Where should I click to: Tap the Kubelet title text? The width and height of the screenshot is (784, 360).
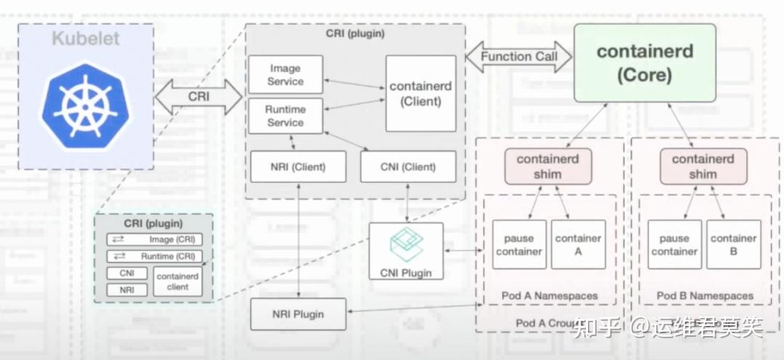click(x=85, y=38)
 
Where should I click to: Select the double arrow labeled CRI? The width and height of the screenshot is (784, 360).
click(x=198, y=97)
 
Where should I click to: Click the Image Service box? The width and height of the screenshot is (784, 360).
click(x=285, y=75)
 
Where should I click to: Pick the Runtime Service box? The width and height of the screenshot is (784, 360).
click(x=285, y=116)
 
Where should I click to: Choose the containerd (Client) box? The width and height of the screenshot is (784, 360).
click(x=420, y=94)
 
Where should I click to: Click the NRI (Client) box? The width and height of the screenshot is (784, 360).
click(x=298, y=167)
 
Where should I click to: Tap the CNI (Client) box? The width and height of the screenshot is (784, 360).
click(x=408, y=167)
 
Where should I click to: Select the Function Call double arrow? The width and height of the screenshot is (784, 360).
click(x=518, y=57)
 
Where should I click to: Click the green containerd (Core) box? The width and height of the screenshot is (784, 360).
click(x=645, y=63)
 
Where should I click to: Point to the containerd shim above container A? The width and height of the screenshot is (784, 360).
click(x=548, y=167)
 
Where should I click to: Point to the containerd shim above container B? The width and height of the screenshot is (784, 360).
click(x=703, y=167)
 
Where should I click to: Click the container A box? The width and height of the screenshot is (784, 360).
click(x=578, y=245)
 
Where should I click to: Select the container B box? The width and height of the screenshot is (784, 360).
click(x=733, y=245)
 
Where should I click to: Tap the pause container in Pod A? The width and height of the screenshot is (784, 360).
click(x=519, y=245)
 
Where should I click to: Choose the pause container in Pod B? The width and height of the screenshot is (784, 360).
click(x=674, y=245)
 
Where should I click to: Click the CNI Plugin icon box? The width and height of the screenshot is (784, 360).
click(x=406, y=251)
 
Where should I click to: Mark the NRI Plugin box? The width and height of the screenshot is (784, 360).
click(x=298, y=314)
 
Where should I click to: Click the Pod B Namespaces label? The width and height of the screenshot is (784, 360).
click(x=705, y=296)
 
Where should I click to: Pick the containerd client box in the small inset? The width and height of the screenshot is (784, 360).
click(x=178, y=282)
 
